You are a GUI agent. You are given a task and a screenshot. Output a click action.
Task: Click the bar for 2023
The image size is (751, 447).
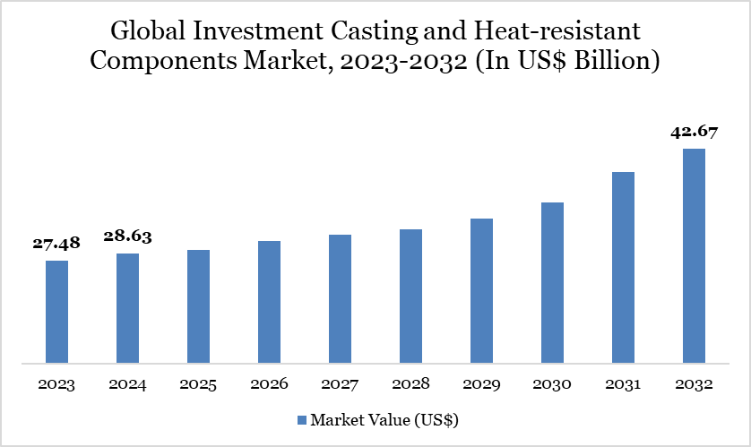tap(56, 312)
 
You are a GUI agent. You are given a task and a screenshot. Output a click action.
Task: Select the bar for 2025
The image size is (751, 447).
tap(198, 306)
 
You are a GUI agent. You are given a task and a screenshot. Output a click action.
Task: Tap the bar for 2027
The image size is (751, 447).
tap(340, 299)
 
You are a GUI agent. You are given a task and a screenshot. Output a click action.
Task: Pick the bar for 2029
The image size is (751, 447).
tap(481, 291)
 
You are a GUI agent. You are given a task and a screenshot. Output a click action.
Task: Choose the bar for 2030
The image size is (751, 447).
tap(552, 283)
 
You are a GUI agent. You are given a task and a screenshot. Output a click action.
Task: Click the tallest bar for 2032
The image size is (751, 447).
tap(694, 256)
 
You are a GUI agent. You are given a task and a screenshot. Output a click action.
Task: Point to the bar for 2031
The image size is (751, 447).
tap(623, 268)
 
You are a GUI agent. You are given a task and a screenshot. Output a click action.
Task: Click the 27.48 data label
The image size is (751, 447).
tap(56, 244)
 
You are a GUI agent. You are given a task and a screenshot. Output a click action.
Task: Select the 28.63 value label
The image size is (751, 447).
tap(128, 236)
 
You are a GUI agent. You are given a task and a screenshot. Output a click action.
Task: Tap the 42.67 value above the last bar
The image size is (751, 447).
tap(694, 132)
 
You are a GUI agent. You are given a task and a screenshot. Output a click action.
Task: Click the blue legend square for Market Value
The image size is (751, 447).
tap(301, 419)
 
